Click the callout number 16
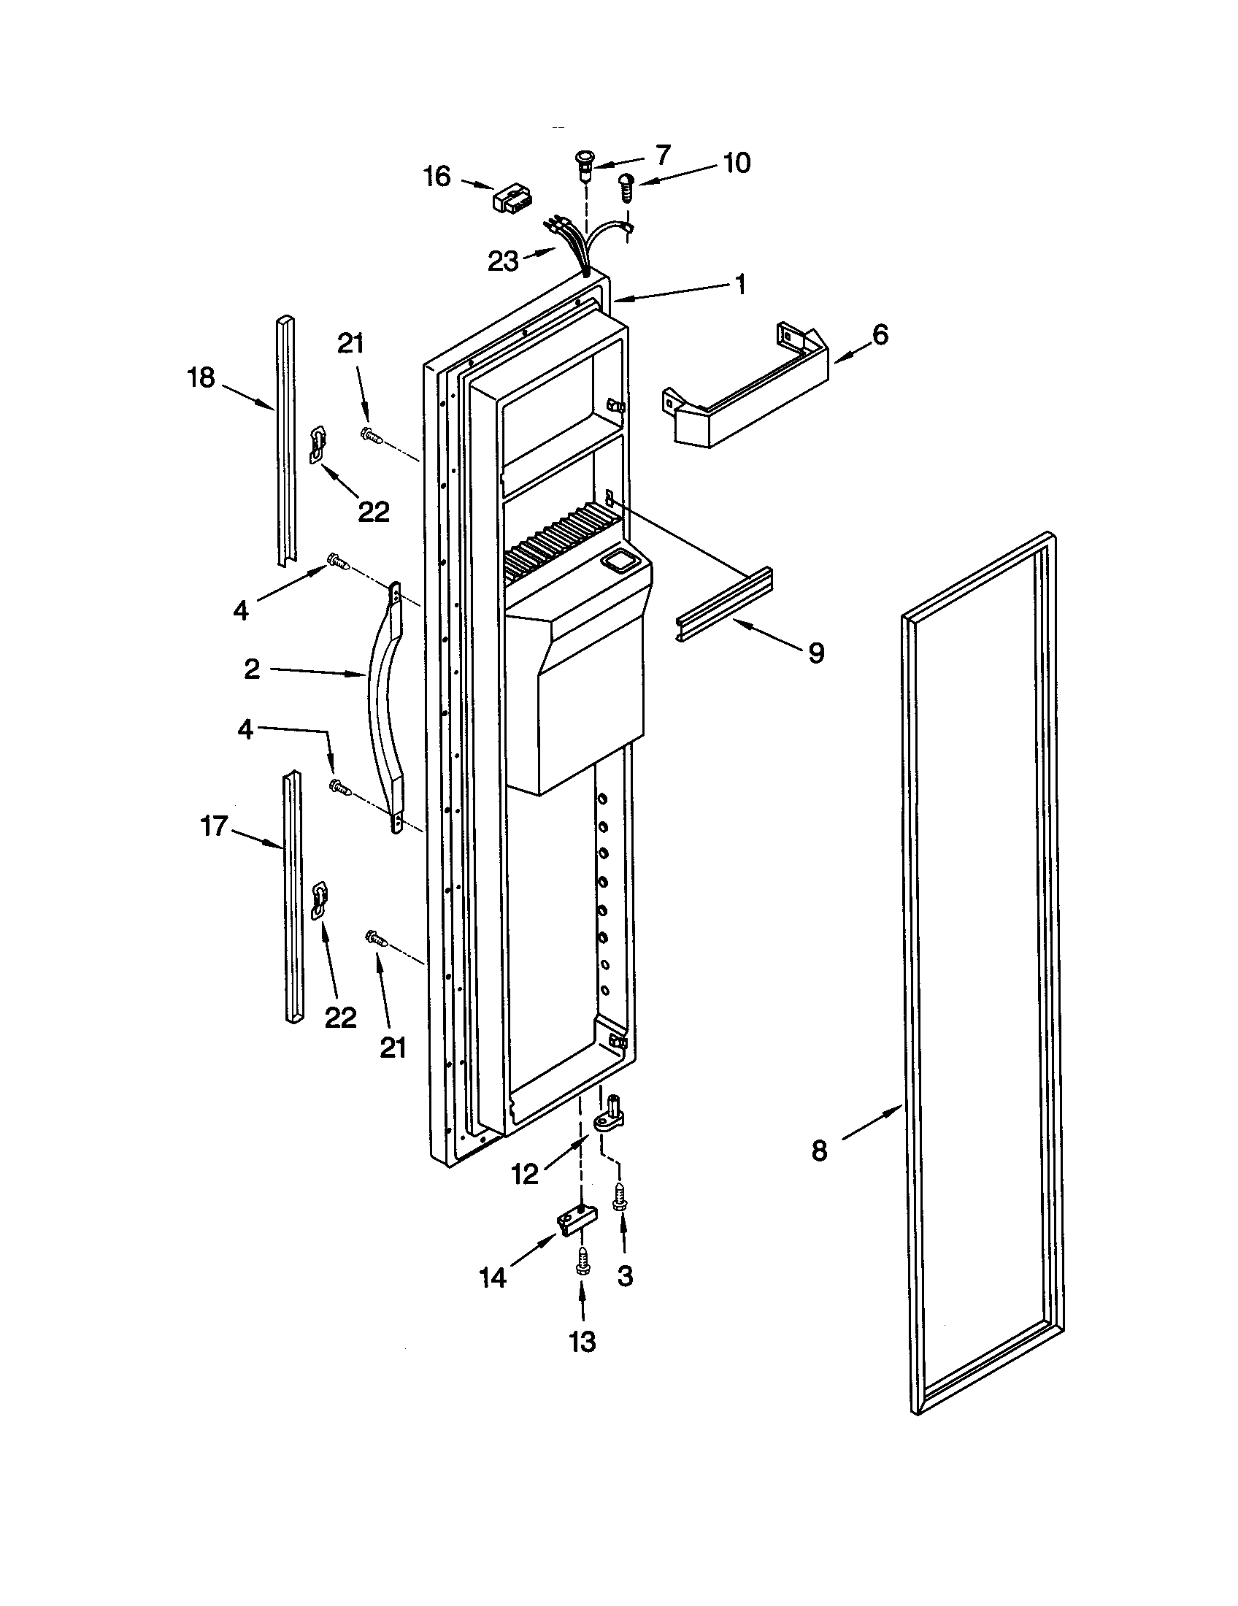437,177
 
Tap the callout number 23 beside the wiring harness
504,261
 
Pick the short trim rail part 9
723,604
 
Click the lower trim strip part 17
293,897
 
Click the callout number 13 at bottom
583,1342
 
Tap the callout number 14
493,1277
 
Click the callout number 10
737,163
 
